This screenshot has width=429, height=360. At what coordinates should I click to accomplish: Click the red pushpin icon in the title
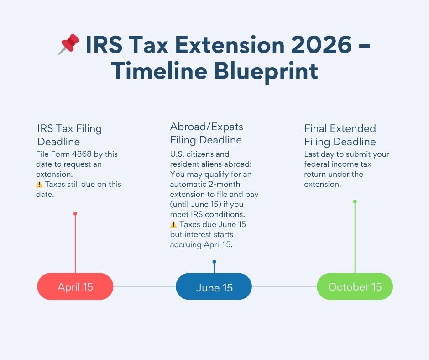click(68, 45)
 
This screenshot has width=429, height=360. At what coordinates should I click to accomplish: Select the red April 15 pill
click(75, 286)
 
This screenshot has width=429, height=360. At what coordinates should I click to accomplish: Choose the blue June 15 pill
click(214, 287)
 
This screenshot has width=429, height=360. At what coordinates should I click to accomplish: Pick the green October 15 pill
click(355, 286)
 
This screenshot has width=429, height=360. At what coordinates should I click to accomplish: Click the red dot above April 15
click(75, 213)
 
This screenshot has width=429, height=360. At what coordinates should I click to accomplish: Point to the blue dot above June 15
click(214, 262)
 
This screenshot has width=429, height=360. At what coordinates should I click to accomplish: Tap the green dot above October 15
click(355, 201)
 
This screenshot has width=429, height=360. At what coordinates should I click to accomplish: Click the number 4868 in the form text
click(81, 154)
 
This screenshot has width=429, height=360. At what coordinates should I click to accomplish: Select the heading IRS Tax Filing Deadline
click(69, 135)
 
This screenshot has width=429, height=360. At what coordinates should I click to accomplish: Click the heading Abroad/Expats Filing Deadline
click(206, 133)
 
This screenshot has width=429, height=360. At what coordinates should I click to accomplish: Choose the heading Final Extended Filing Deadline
click(340, 135)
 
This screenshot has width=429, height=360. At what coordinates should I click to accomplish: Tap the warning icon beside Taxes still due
click(39, 185)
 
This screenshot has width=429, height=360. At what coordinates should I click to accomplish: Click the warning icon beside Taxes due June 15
click(173, 225)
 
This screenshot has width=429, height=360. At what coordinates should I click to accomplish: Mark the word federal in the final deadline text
click(320, 164)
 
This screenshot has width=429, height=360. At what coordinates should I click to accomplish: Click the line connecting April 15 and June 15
click(144, 286)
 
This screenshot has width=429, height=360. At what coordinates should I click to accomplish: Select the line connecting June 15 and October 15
click(284, 286)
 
